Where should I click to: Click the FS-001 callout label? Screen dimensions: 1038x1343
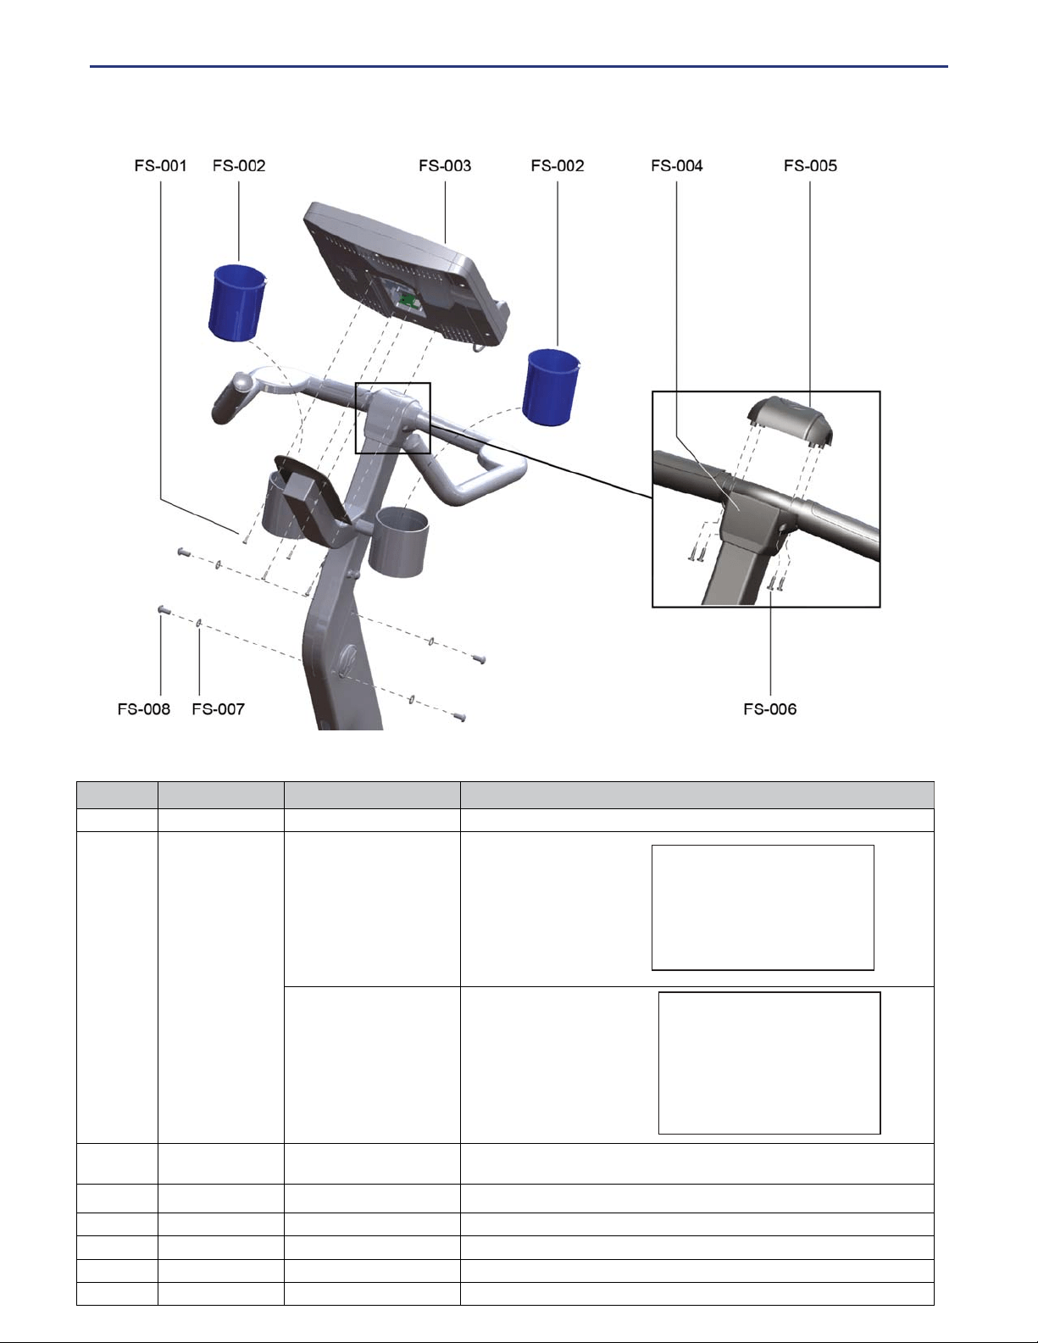pyautogui.click(x=161, y=165)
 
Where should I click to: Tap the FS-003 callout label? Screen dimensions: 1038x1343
pyautogui.click(x=445, y=165)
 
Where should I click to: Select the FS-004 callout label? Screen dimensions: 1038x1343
pyautogui.click(x=677, y=165)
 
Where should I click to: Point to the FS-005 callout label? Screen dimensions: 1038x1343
pyautogui.click(x=811, y=165)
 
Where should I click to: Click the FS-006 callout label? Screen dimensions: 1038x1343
pyautogui.click(x=770, y=709)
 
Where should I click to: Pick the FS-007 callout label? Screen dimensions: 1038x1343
pyautogui.click(x=218, y=709)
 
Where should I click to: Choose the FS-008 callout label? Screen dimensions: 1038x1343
pyautogui.click(x=144, y=709)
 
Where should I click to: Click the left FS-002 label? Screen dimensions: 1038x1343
pyautogui.click(x=239, y=165)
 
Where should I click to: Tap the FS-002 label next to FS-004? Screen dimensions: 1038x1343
pyautogui.click(x=558, y=165)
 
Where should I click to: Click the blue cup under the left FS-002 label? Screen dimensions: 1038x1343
pyautogui.click(x=236, y=302)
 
